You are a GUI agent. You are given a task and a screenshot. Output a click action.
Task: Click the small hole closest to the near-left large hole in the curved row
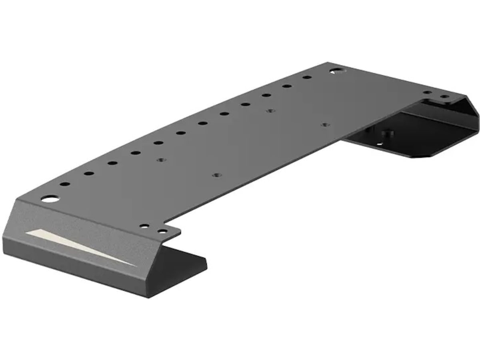click(x=65, y=184)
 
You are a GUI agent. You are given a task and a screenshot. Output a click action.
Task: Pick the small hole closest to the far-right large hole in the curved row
click(x=307, y=77)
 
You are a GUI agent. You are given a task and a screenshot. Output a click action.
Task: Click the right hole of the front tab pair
click(x=162, y=231)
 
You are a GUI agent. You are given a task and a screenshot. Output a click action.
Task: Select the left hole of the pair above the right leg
click(x=428, y=92)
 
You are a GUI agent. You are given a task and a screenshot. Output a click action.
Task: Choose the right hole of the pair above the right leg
click(x=444, y=96)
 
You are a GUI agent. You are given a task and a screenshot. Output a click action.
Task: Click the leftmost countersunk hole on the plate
click(x=161, y=160)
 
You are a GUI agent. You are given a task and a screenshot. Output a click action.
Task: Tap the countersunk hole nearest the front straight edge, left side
click(x=216, y=175)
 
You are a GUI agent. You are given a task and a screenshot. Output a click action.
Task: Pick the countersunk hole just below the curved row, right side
click(x=270, y=111)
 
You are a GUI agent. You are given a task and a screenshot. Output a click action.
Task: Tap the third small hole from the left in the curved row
click(x=112, y=163)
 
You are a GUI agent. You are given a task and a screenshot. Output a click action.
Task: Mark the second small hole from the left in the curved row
click(x=89, y=174)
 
